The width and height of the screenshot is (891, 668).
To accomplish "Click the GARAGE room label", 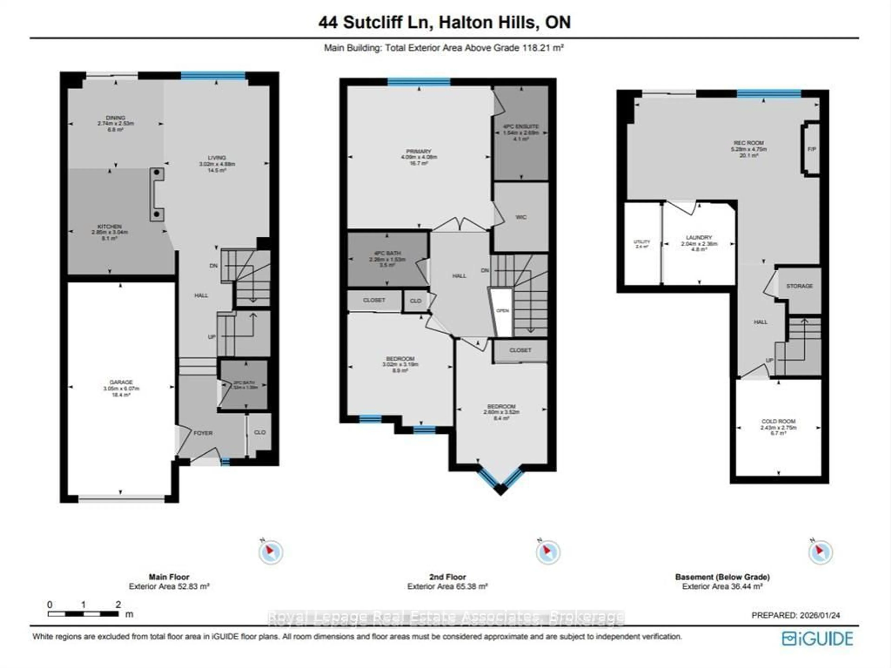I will click(121, 382).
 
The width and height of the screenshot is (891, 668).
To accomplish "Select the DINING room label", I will click(116, 118).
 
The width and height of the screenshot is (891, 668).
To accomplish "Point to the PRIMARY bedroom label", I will click(419, 151).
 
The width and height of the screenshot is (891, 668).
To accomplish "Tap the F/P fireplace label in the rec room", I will click(812, 149).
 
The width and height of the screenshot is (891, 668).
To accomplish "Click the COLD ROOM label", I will click(778, 421).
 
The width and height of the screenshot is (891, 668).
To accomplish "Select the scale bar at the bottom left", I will click(83, 614).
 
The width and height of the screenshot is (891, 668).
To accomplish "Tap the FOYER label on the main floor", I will click(203, 433).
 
